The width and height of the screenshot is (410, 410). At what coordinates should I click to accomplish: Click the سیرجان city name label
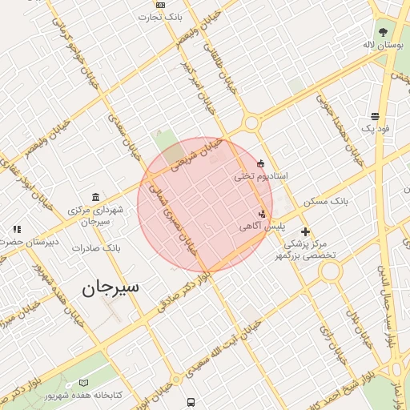pyautogui.click(x=110, y=287)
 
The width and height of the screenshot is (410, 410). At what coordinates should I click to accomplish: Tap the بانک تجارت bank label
pyautogui.click(x=181, y=16)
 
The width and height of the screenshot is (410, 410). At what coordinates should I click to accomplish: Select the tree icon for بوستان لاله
pyautogui.click(x=384, y=33)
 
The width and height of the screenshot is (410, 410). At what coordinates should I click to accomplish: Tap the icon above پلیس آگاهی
pyautogui.click(x=262, y=214)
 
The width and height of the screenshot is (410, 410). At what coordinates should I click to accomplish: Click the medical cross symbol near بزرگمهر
pyautogui.click(x=305, y=231)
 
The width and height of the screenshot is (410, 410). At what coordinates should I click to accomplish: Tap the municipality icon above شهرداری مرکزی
pyautogui.click(x=96, y=197)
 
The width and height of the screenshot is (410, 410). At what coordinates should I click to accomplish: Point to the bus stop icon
pyautogui.click(x=191, y=402)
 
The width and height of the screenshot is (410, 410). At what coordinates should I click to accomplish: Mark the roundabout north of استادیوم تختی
pyautogui.click(x=251, y=123)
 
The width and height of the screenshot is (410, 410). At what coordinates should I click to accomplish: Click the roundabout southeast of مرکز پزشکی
pyautogui.click(x=329, y=271)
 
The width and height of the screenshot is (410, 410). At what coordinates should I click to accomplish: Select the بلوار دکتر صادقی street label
pyautogui.click(x=183, y=292)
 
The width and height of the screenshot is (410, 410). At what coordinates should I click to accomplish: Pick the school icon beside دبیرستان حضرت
pyautogui.click(x=16, y=230)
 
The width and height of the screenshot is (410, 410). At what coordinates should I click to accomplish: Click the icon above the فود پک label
pyautogui.click(x=375, y=116)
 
